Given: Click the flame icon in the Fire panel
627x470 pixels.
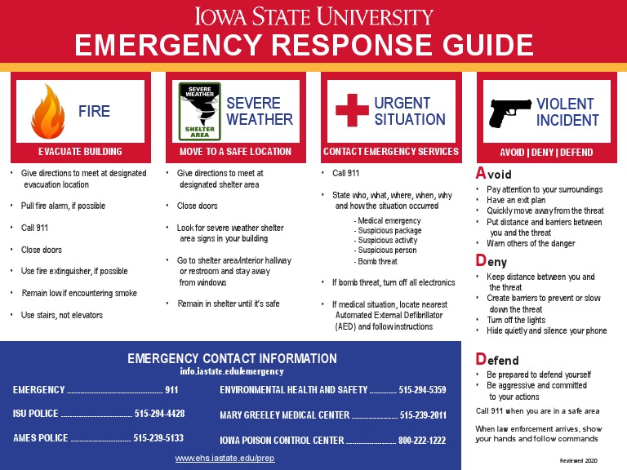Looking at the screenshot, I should (47, 111).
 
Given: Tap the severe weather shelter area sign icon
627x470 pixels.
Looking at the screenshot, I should (199, 111).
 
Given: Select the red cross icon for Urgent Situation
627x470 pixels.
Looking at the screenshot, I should (352, 111).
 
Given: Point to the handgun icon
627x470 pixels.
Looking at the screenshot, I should (509, 112).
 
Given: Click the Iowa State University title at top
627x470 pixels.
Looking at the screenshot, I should (313, 16).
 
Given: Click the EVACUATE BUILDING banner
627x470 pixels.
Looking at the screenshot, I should (80, 152).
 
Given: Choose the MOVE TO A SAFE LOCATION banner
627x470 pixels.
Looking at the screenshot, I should (235, 152).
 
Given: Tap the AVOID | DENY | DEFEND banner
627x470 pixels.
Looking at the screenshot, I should (546, 153).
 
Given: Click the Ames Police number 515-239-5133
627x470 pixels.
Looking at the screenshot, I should (158, 438).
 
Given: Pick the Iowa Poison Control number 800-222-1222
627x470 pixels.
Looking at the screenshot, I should (422, 441).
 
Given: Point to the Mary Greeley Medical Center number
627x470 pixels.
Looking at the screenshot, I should (423, 415).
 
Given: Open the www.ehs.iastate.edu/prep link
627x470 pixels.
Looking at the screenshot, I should (225, 459).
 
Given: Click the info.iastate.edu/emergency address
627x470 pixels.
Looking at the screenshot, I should (232, 372).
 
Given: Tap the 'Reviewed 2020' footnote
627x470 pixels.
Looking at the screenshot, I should (579, 461).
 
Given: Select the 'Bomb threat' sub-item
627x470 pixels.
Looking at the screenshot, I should (376, 262).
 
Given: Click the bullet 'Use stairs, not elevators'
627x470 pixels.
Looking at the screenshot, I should (62, 315).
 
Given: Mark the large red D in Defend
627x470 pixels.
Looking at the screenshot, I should (481, 359).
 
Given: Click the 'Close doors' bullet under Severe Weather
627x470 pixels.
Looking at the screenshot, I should (198, 206).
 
